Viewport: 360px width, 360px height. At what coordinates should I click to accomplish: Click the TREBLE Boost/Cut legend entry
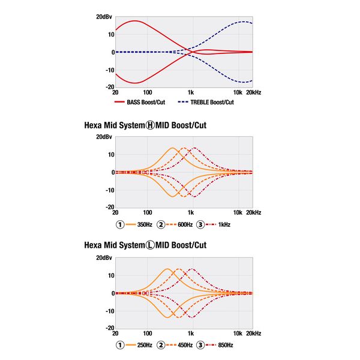[212, 102]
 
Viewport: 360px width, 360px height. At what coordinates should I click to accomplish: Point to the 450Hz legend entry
[184, 345]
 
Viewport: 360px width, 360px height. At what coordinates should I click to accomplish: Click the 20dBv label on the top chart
[103, 16]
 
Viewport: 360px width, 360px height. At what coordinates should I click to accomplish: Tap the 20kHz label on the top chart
[253, 93]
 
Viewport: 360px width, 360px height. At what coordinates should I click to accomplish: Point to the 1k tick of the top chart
[191, 93]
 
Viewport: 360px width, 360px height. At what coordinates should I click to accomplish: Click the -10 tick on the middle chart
[107, 190]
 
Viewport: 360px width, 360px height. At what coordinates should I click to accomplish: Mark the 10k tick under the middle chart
[238, 212]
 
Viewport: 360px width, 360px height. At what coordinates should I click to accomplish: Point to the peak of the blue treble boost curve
[242, 22]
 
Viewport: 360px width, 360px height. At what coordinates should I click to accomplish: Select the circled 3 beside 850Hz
[200, 345]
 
